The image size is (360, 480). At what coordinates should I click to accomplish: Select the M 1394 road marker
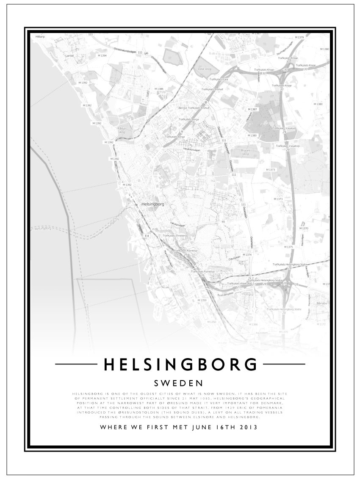102,55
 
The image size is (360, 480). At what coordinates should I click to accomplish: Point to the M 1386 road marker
159,89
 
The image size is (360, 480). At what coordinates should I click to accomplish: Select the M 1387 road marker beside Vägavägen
252,109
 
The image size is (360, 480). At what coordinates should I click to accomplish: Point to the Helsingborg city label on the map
153,204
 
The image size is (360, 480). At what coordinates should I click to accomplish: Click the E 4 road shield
147,236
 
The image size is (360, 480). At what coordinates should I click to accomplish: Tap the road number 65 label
223,221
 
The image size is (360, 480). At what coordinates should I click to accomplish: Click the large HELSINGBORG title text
180,364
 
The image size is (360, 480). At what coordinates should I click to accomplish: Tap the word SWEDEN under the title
180,383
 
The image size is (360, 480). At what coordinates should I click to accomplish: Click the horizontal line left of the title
75,364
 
